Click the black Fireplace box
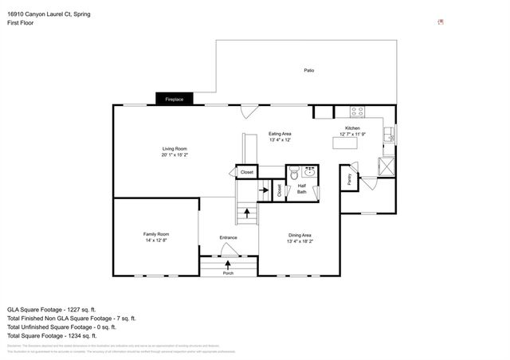pos(174,100)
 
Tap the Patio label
pos(308,71)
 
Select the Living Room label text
pos(175,149)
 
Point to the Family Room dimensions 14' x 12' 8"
pos(155,240)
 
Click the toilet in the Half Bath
pos(294,171)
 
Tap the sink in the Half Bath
pos(309,172)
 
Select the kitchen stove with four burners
pos(355,111)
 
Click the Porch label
pos(229,272)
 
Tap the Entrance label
pos(229,237)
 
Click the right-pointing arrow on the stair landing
pos(263,190)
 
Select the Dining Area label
pos(300,234)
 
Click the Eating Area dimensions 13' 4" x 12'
pos(279,139)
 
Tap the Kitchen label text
pos(352,128)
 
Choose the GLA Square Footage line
pos(52,309)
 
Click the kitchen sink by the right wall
pos(388,136)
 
